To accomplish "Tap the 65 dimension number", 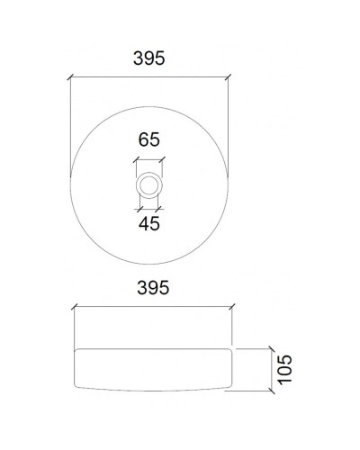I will tap(149, 139).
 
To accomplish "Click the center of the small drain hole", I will tap(149, 184).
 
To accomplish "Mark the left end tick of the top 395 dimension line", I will tap(70, 79).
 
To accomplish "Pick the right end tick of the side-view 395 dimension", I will tap(230, 305).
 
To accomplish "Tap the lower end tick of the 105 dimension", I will tap(270, 393).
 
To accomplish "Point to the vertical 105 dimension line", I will tap(270, 369).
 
